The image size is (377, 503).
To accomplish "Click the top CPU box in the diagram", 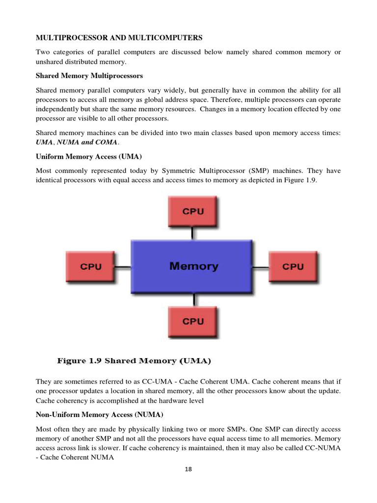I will click(x=193, y=212).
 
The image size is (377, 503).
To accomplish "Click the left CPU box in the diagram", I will click(x=91, y=267).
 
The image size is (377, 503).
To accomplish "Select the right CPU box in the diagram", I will click(x=293, y=267).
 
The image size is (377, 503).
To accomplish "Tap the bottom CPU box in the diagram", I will click(x=193, y=321).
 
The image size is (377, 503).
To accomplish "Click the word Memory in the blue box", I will click(x=193, y=266).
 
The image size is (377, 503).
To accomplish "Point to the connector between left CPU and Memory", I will click(x=123, y=267).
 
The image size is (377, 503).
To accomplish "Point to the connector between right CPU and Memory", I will click(x=261, y=267).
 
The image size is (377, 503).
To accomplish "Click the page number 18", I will click(x=188, y=469).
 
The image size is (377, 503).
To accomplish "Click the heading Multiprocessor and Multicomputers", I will click(x=118, y=38).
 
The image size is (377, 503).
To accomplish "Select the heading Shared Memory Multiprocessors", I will click(x=89, y=76).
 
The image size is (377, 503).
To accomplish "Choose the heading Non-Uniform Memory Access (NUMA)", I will click(x=100, y=414).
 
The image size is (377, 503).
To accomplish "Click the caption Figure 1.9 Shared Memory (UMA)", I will click(x=134, y=361).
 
